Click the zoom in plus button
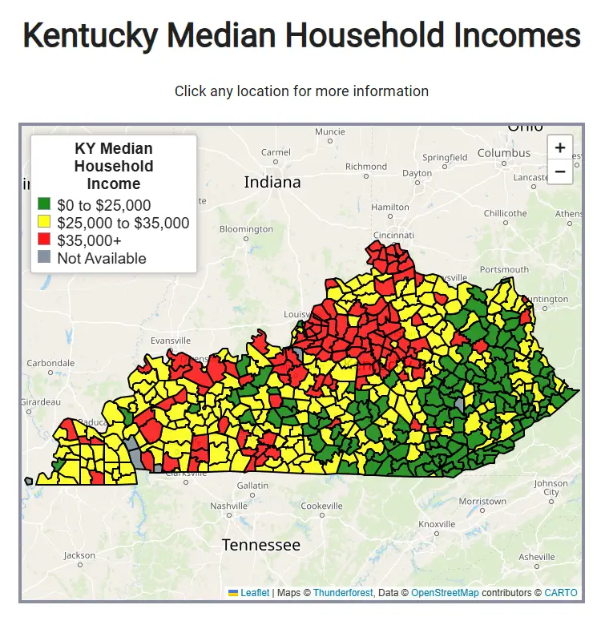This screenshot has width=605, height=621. [x=559, y=147]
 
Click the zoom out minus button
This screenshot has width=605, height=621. [x=559, y=171]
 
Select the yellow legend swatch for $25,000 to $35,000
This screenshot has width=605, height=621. [x=44, y=223]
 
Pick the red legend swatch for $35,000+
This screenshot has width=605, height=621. [x=44, y=240]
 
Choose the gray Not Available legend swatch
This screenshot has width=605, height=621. [x=44, y=258]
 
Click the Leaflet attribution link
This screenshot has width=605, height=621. [x=255, y=593]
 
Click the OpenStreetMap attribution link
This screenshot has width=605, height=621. [x=445, y=593]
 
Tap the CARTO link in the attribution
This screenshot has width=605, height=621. [x=560, y=593]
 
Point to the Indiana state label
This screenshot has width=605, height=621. [x=272, y=182]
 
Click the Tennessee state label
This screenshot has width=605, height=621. [x=261, y=545]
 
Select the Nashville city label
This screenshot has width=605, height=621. [x=229, y=506]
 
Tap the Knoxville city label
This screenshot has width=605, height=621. [x=437, y=524]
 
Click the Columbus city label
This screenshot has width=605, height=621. [x=504, y=153]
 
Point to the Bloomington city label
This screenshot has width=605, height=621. [x=246, y=229]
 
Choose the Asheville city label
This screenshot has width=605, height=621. [x=536, y=557]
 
